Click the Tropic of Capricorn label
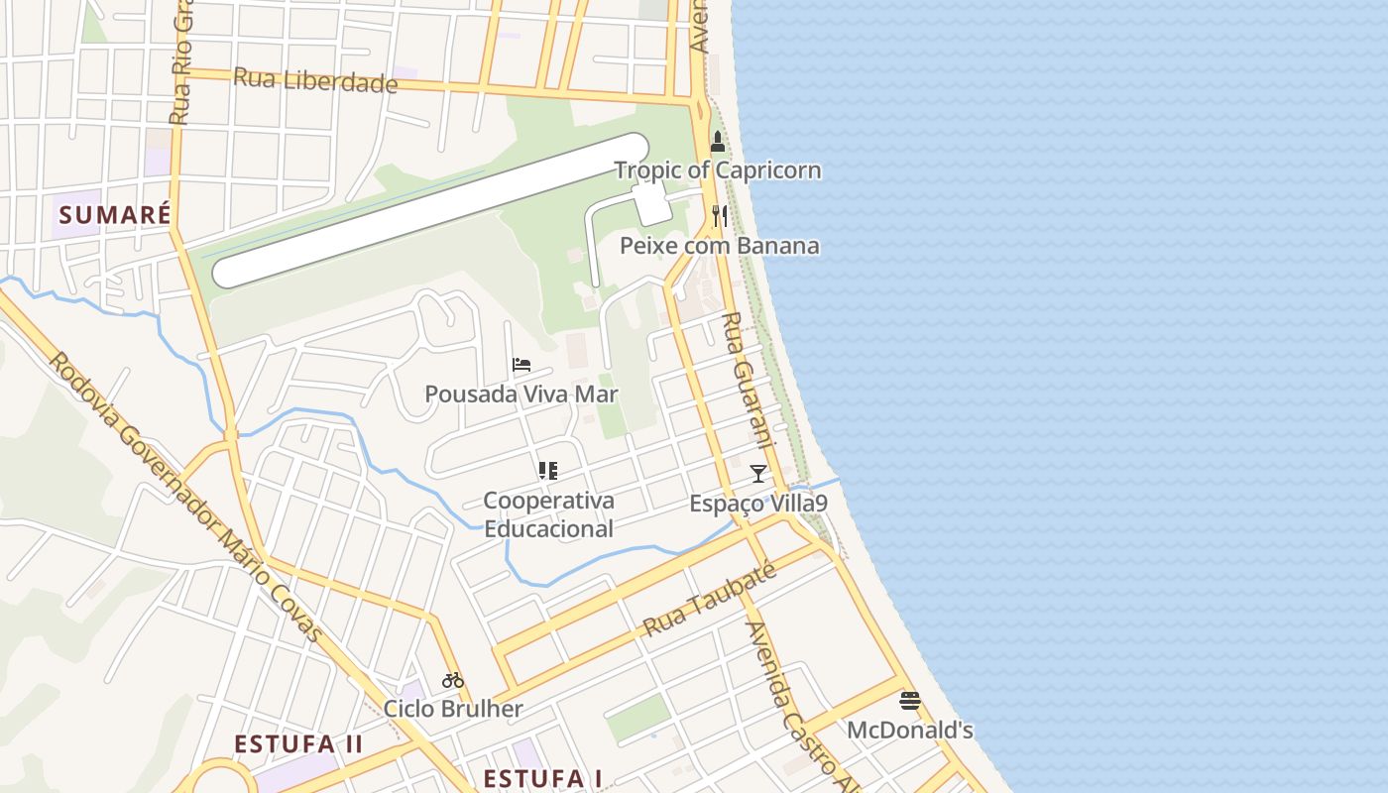tap(718, 170)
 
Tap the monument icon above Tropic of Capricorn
tap(718, 143)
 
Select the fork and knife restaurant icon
tap(720, 215)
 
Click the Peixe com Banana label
tap(720, 246)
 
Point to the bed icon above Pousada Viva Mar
tap(521, 365)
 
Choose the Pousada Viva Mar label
tap(521, 395)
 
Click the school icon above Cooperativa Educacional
tap(548, 471)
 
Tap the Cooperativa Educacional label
tap(548, 514)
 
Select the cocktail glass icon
tap(758, 474)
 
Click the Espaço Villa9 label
tap(758, 504)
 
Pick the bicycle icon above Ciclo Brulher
tap(453, 680)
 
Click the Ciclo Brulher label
tap(453, 709)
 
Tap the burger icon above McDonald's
tap(910, 701)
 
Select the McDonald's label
tap(910, 731)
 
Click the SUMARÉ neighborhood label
tap(115, 215)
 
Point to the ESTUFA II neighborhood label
tap(298, 744)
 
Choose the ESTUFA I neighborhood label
tap(542, 778)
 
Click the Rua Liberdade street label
tap(315, 81)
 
